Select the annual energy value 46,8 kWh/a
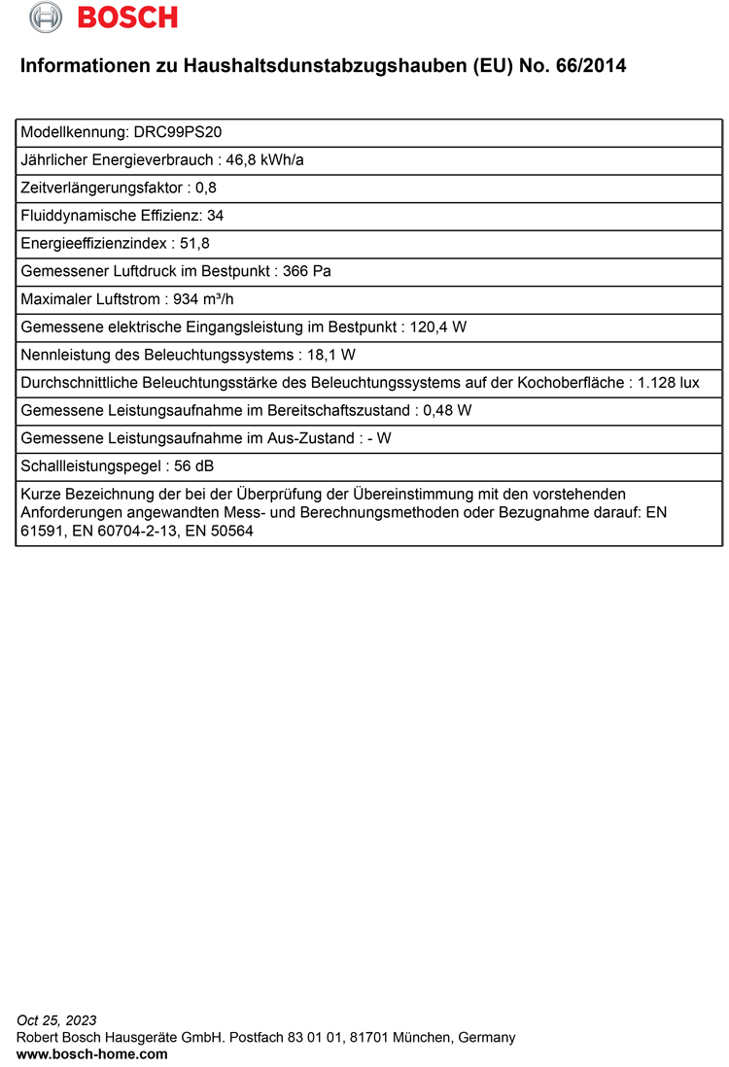pyautogui.click(x=264, y=159)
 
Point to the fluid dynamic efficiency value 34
pyautogui.click(x=215, y=216)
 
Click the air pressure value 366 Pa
pyautogui.click(x=306, y=271)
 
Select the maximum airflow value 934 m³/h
pyautogui.click(x=203, y=299)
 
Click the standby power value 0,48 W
pyautogui.click(x=447, y=410)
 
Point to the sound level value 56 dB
pyautogui.click(x=193, y=466)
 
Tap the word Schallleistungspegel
pyautogui.click(x=90, y=466)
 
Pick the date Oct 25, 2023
pyautogui.click(x=57, y=1020)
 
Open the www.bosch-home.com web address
pyautogui.click(x=91, y=1053)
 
